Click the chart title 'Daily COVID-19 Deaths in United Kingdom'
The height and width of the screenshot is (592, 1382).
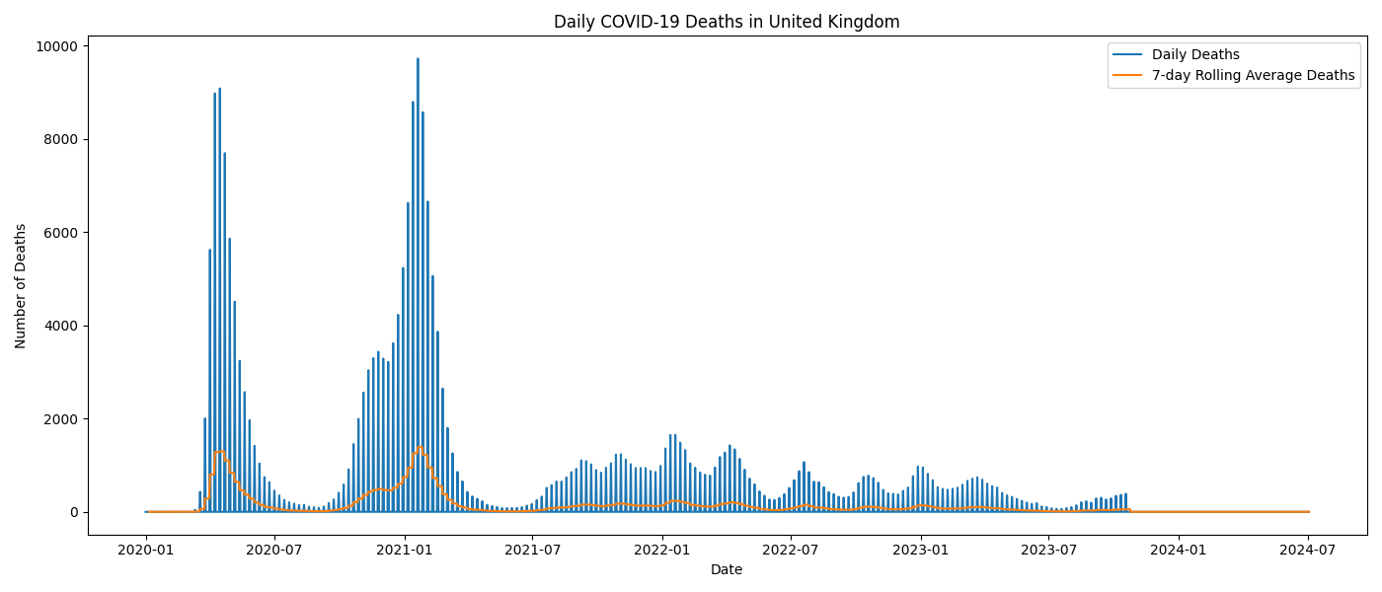pos(727,22)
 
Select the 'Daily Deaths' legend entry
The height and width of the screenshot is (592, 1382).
pos(1195,55)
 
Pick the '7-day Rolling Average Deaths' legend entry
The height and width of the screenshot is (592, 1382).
pos(1253,76)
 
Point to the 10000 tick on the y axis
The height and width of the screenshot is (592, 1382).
pos(58,46)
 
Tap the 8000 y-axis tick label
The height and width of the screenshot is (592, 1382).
pos(62,139)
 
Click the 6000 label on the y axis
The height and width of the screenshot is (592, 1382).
pos(62,233)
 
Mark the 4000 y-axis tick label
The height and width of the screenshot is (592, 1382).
pos(62,326)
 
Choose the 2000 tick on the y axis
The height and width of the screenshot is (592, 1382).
pos(62,419)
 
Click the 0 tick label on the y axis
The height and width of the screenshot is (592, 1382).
pos(74,512)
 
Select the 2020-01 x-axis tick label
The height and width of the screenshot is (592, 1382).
pos(146,549)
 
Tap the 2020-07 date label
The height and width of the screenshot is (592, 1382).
pos(274,549)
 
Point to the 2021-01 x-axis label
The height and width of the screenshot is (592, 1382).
pos(405,549)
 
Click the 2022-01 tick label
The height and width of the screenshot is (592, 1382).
pos(662,549)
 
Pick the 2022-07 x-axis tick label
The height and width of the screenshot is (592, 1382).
pos(791,549)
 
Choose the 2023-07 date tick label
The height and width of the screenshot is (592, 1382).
pos(1048,549)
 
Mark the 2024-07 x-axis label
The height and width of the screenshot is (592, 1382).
pos(1308,549)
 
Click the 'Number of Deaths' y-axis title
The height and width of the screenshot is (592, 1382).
pos(21,286)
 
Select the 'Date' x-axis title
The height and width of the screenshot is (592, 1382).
pos(727,569)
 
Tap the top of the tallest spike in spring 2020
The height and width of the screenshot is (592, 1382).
pos(219,89)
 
